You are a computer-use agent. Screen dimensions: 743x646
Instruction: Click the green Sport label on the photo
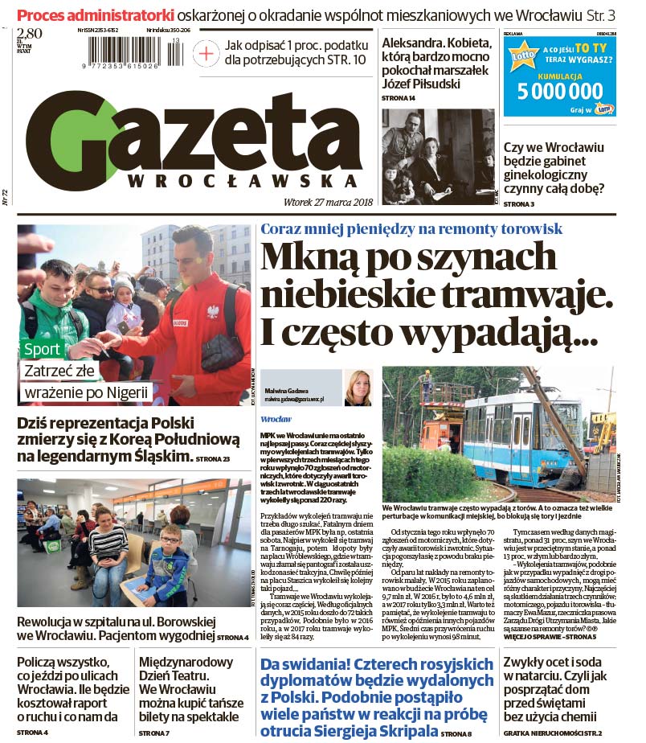pyautogui.click(x=42, y=350)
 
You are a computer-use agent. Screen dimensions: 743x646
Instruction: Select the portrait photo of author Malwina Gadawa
pyautogui.click(x=358, y=388)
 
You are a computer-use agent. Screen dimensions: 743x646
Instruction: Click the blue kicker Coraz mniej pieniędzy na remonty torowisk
pyautogui.click(x=411, y=228)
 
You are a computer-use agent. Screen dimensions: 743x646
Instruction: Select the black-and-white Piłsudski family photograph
pyautogui.click(x=437, y=156)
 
